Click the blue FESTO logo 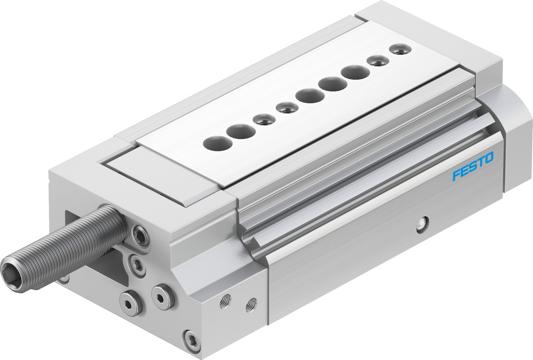(x=473, y=167)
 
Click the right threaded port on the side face (x=250, y=304)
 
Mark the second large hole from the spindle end (x=240, y=131)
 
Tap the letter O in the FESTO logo (x=488, y=160)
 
